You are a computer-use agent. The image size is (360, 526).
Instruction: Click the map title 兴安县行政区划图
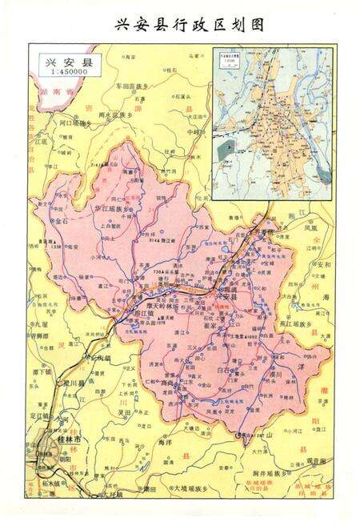(x=180, y=23)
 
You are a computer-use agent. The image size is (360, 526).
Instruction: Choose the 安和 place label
(x=322, y=263)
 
